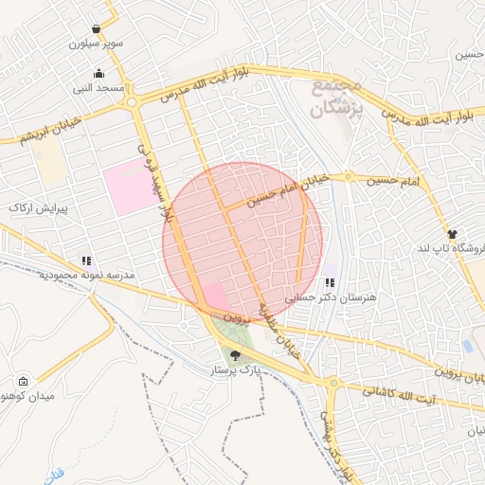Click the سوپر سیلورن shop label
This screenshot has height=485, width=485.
point(95,44)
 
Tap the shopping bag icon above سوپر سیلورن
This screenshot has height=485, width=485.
point(97,29)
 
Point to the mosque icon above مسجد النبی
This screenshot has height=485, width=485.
point(99,74)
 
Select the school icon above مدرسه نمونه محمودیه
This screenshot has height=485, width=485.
point(86,260)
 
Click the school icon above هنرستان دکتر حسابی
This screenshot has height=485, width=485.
point(330,282)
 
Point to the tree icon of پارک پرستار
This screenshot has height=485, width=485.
point(235,355)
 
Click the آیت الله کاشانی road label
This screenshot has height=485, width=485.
point(401,391)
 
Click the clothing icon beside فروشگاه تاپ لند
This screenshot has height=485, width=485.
point(452,234)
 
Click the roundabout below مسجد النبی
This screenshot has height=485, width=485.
point(132,102)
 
